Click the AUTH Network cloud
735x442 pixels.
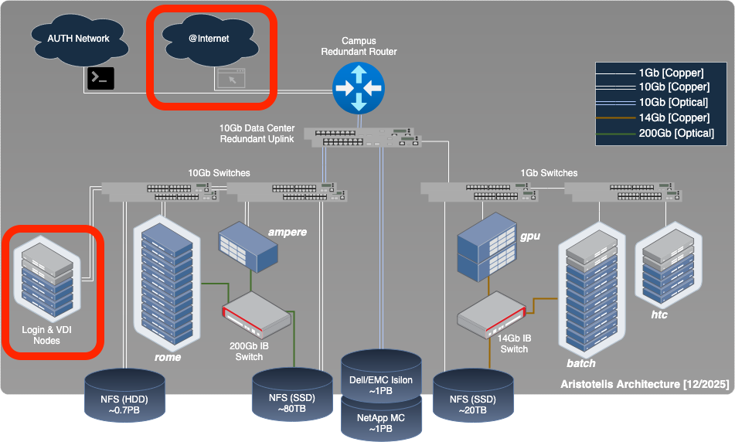78,39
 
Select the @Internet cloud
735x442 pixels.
209,39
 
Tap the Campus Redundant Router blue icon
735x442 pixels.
358,87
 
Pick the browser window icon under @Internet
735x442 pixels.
230,78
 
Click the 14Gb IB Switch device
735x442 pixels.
492,317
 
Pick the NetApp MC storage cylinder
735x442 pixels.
382,417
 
